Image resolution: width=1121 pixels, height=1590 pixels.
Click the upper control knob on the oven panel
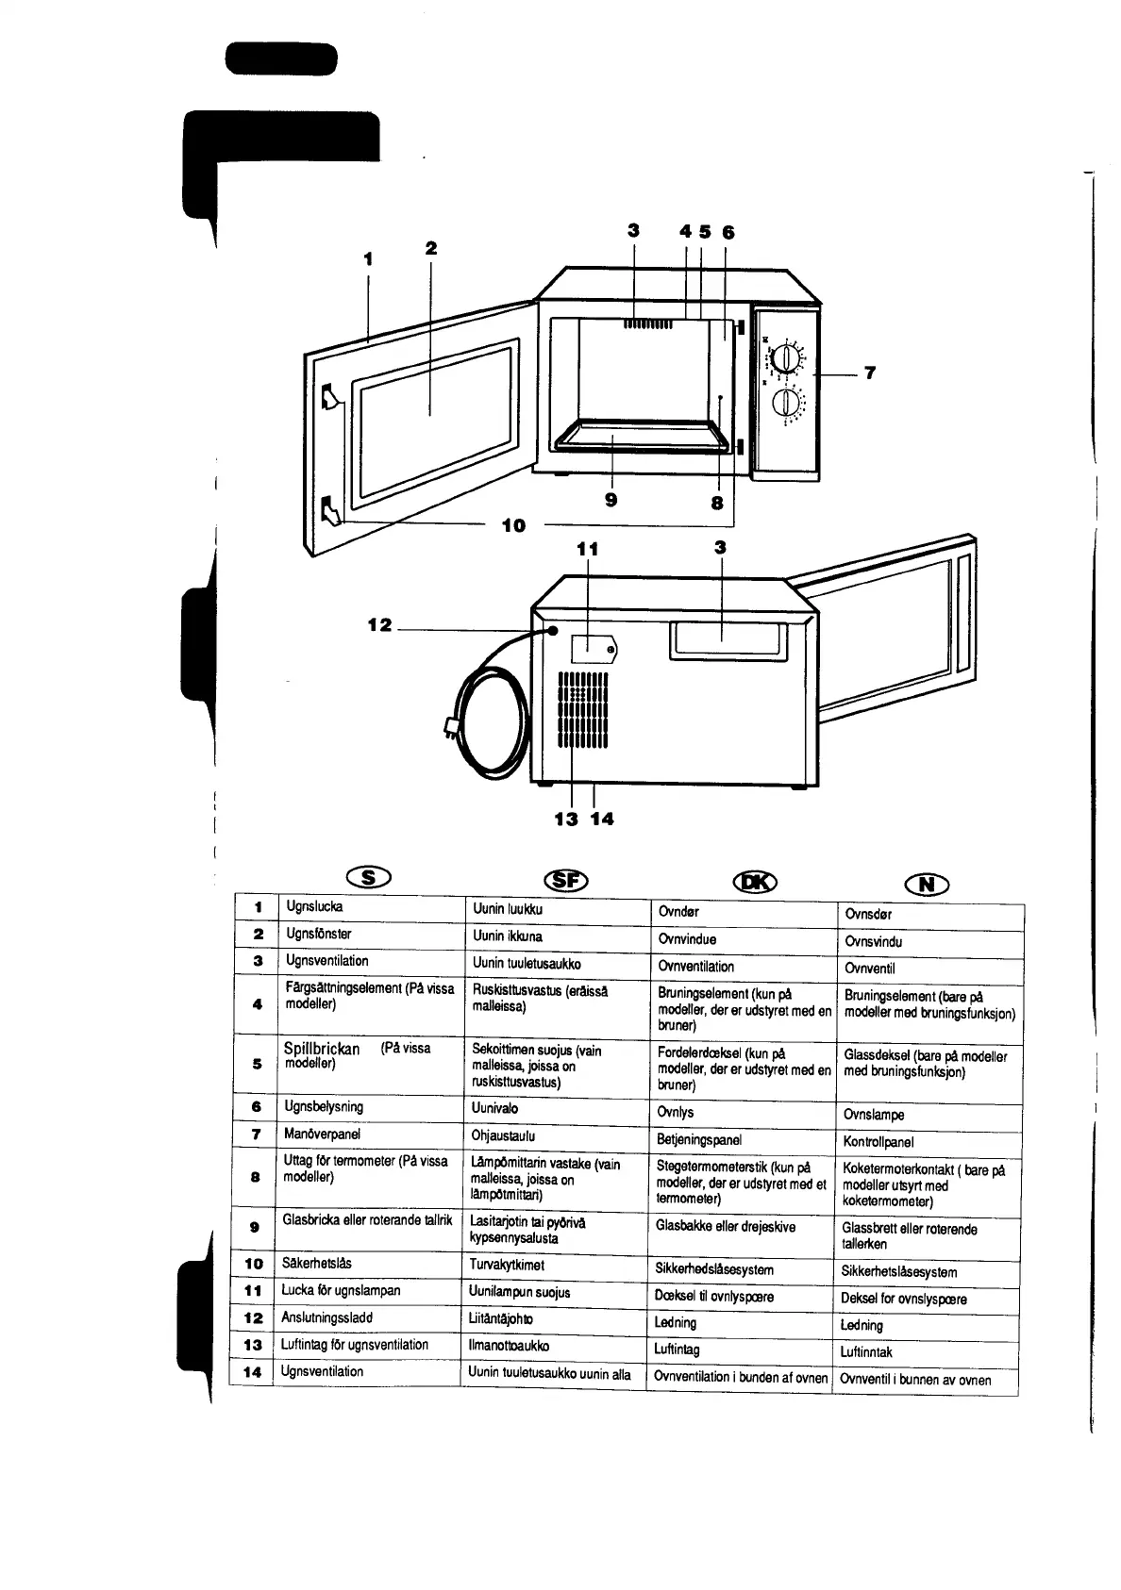pyautogui.click(x=785, y=357)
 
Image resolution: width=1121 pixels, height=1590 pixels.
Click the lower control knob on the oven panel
pyautogui.click(x=785, y=403)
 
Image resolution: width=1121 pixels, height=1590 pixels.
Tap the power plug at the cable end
pyautogui.click(x=452, y=727)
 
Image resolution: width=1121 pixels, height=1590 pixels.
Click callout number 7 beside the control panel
pyautogui.click(x=869, y=373)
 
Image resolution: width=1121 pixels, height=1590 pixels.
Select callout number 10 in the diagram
pyautogui.click(x=513, y=526)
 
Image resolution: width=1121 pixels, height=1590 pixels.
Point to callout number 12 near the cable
pyautogui.click(x=380, y=625)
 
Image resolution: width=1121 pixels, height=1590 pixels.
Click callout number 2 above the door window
pyautogui.click(x=431, y=248)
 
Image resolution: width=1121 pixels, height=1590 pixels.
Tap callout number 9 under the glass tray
pyautogui.click(x=611, y=501)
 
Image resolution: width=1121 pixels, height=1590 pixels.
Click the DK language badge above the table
pyautogui.click(x=755, y=883)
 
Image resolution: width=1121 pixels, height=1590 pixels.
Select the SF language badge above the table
pyautogui.click(x=566, y=881)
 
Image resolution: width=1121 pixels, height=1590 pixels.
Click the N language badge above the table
pyautogui.click(x=927, y=885)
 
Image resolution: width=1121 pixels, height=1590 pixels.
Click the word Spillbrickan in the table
pyautogui.click(x=322, y=1049)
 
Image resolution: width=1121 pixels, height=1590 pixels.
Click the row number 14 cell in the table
pyautogui.click(x=252, y=1372)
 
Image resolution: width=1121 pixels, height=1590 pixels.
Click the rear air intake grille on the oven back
pyautogui.click(x=582, y=710)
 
